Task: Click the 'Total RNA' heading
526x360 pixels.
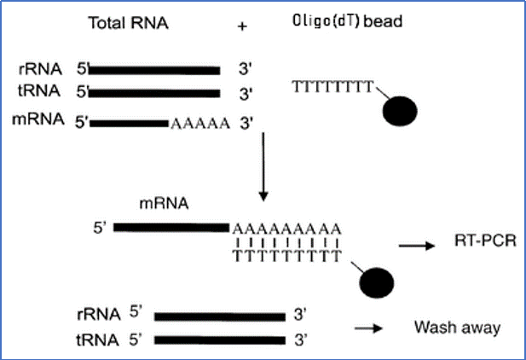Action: coord(128,23)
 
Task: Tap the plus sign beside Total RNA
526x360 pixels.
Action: coord(242,26)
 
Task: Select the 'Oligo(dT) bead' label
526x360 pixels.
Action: coord(347,21)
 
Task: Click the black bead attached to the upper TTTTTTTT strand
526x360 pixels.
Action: coord(400,111)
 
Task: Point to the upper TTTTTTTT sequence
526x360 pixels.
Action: coord(332,87)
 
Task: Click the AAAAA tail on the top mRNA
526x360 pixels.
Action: coord(200,124)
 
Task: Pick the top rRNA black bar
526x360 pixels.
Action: coord(154,71)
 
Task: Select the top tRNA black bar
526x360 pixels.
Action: coord(154,93)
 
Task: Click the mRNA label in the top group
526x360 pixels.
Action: coord(38,119)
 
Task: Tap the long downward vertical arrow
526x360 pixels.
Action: coord(263,167)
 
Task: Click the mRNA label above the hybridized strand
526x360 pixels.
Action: coord(164,204)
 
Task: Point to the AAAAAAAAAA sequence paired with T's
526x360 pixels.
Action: coord(286,229)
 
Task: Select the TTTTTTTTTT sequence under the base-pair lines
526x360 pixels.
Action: coord(287,256)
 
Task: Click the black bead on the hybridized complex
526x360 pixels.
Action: coord(377,282)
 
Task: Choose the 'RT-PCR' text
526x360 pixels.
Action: coord(485,241)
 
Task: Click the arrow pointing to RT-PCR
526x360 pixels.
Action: coord(417,246)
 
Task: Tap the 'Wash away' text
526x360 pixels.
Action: coord(457,327)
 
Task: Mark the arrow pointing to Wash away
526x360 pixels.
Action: coord(368,328)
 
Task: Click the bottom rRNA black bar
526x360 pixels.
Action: coord(220,316)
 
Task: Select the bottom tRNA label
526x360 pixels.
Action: coord(98,340)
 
